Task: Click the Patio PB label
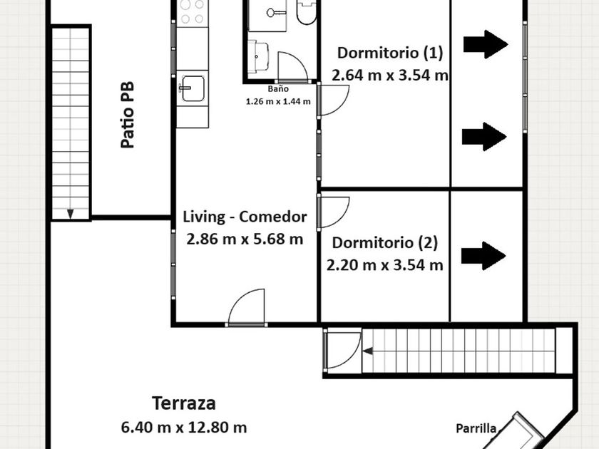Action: (128, 115)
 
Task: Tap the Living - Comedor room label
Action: (245, 217)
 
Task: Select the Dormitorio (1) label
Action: (390, 53)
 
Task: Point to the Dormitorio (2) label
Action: (384, 243)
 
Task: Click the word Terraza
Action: (184, 403)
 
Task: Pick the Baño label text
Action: (278, 89)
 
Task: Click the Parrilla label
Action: (476, 429)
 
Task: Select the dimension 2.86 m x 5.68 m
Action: (245, 239)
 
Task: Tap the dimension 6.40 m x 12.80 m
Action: (184, 427)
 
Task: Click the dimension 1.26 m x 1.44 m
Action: (278, 102)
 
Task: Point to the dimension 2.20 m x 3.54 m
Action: (384, 265)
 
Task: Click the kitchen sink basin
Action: (193, 88)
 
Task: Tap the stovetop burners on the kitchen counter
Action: (192, 12)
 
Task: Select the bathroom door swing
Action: (292, 67)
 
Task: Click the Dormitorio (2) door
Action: (333, 212)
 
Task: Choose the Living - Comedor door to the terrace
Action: (247, 307)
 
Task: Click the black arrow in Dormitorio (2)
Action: (483, 256)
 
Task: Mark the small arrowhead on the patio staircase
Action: (71, 214)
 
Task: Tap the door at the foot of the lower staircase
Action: (342, 349)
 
